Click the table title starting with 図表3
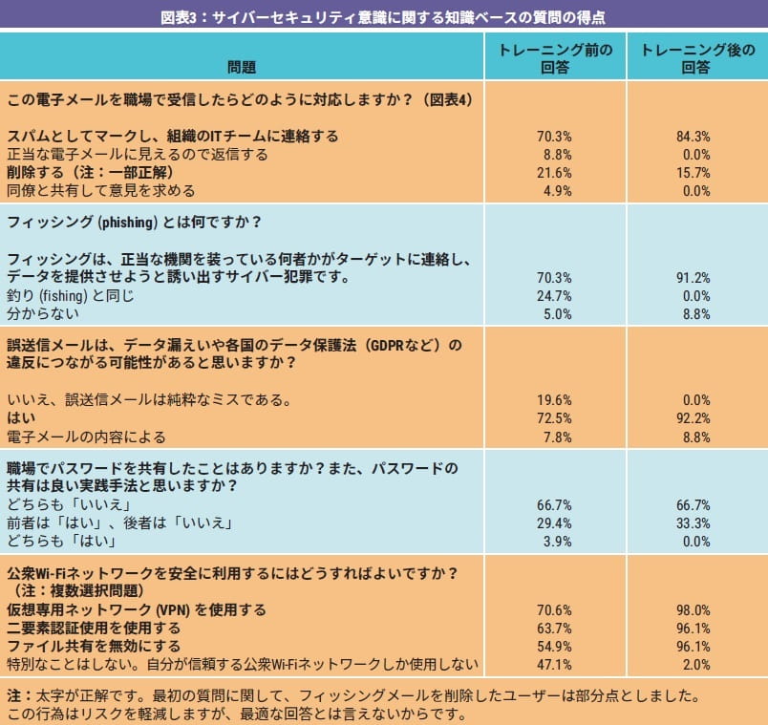[383, 16]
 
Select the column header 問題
[242, 67]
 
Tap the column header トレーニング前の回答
[555, 58]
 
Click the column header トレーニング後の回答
[696, 58]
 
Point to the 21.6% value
[555, 173]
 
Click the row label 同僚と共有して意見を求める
[100, 190]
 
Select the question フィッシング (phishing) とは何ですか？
[135, 223]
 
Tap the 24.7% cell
[555, 295]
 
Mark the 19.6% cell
[555, 400]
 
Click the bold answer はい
[21, 418]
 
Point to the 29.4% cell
[555, 523]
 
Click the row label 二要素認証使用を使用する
[94, 628]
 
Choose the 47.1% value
[555, 664]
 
